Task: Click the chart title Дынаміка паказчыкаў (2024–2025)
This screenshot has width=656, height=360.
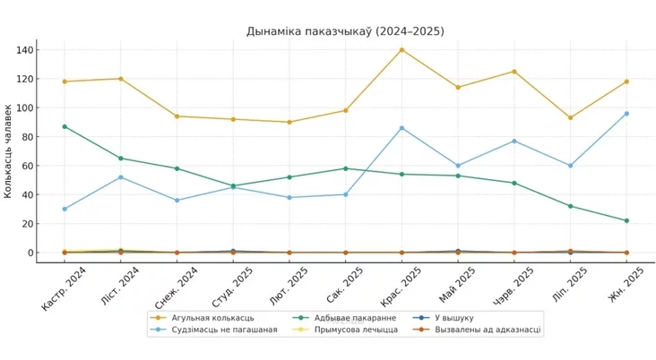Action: [x=345, y=31]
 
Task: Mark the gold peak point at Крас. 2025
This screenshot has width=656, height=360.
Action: [x=401, y=49]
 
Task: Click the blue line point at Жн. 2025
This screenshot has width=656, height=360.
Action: [x=626, y=114]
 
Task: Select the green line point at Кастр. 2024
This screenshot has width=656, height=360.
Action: [x=65, y=126]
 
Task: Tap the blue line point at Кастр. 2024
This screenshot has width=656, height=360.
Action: [x=65, y=209]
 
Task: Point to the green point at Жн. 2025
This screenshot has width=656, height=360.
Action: [x=626, y=220]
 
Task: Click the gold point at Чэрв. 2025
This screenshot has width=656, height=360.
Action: [x=514, y=71]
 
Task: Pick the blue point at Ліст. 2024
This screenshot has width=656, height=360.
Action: [x=120, y=177]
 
